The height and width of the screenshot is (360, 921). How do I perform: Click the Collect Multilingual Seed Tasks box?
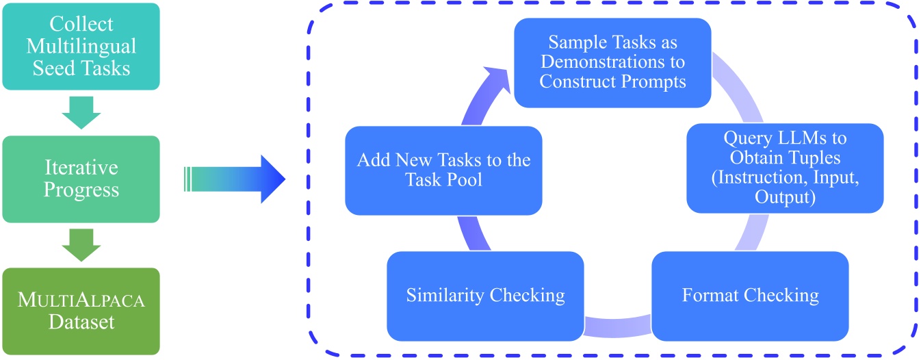[x=81, y=47]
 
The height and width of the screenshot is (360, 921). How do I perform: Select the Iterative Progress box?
[x=81, y=179]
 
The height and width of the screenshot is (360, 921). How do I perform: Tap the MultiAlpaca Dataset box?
[x=81, y=311]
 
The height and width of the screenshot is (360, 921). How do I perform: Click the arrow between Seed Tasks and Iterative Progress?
[x=81, y=113]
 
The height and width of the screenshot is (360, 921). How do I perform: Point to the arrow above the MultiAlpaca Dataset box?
[x=81, y=244]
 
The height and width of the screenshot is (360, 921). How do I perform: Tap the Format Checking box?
[x=750, y=296]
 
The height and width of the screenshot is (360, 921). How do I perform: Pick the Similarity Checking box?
[x=485, y=296]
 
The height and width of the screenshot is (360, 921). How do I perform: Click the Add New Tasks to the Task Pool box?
[x=443, y=170]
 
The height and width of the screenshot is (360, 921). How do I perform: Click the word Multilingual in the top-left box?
[x=81, y=47]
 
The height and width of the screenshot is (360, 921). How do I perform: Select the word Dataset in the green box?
[x=81, y=322]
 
